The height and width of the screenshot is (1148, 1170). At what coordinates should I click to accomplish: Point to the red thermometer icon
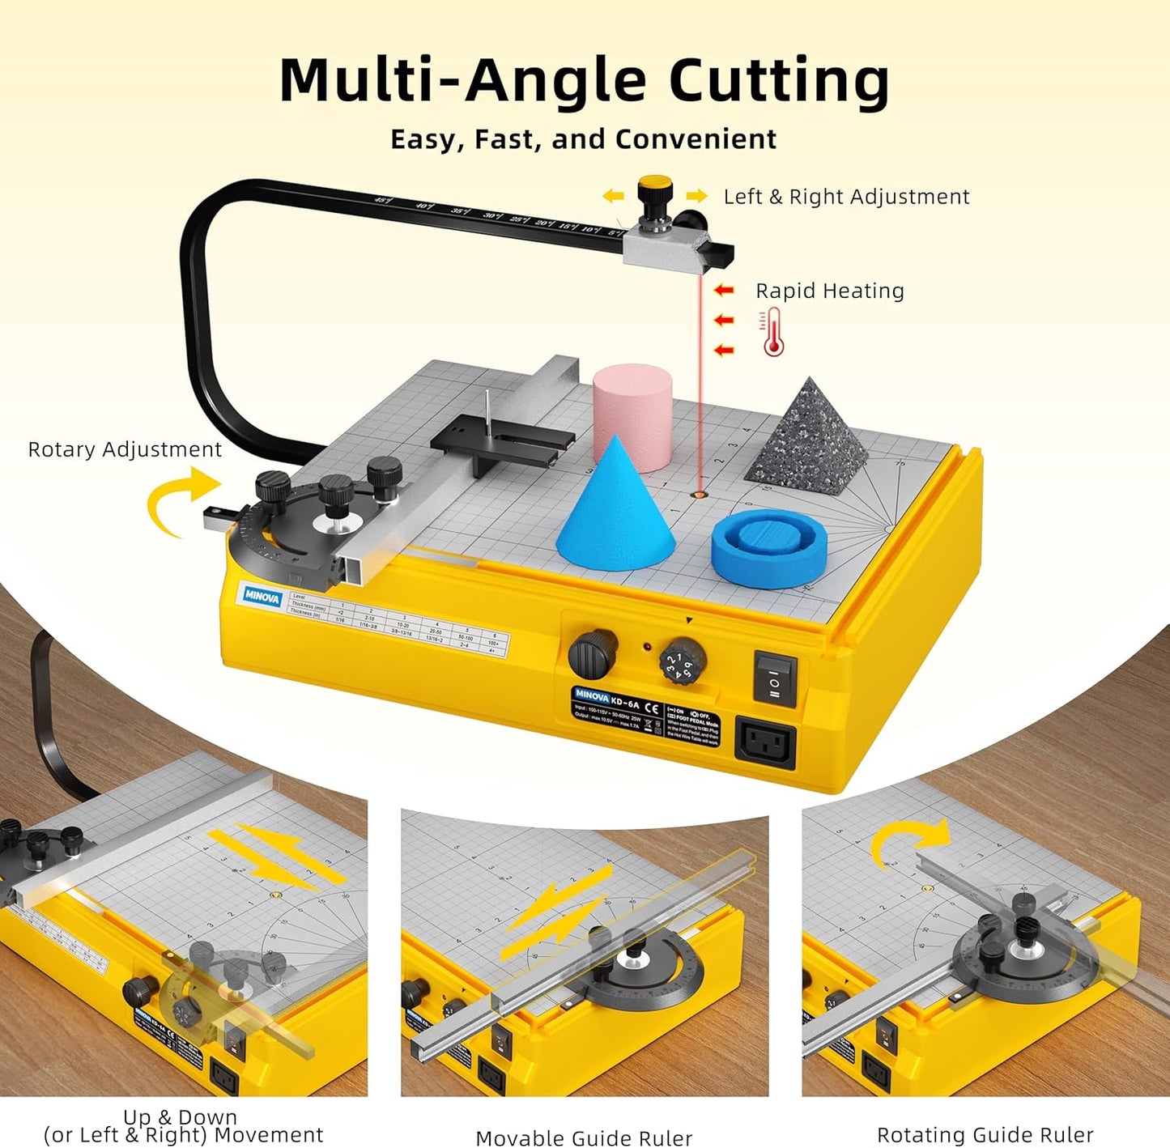(773, 332)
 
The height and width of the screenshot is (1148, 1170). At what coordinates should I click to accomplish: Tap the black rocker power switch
(775, 679)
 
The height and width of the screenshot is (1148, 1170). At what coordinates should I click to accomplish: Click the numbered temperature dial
(683, 661)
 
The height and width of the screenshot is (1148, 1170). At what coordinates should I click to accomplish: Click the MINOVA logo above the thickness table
(262, 597)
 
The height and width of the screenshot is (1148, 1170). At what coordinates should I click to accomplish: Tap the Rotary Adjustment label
(125, 449)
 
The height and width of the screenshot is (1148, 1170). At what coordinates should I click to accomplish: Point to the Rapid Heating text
(829, 291)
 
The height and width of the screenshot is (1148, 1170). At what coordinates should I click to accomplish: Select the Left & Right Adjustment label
(846, 197)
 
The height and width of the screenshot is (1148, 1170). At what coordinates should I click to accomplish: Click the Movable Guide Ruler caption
(584, 1137)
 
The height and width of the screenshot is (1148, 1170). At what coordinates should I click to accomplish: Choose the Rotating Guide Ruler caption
(985, 1134)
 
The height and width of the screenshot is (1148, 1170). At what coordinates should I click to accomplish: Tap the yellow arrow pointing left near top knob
(614, 196)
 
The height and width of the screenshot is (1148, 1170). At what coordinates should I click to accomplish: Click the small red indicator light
(648, 647)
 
